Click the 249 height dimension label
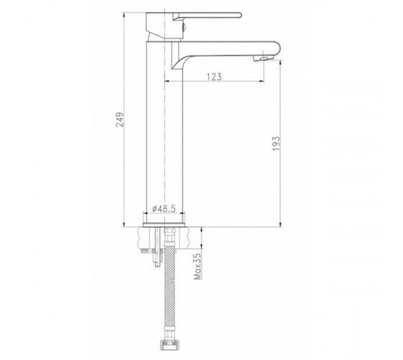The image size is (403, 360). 119,120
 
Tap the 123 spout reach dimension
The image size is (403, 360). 214,76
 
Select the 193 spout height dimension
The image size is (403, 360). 276,143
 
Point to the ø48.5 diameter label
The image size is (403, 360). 164,209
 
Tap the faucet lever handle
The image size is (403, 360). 207,16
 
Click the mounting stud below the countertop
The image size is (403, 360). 157,248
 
